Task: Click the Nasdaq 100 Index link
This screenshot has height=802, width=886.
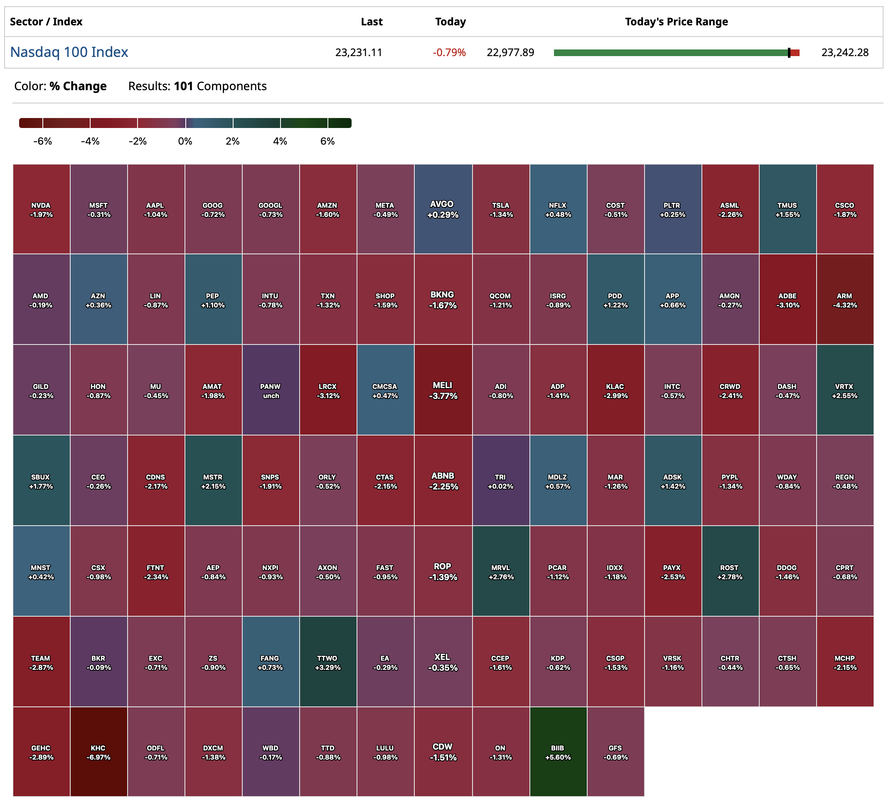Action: (x=69, y=52)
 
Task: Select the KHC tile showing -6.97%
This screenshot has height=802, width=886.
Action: (x=98, y=752)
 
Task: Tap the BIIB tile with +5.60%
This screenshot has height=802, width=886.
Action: (x=558, y=752)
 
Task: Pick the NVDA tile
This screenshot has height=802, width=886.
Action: (x=41, y=209)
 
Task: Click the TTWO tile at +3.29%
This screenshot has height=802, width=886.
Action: (x=328, y=662)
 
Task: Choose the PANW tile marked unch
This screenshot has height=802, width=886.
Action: (x=271, y=391)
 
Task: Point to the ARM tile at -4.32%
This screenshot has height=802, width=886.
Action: (x=845, y=300)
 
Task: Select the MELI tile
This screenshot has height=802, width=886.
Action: (x=443, y=390)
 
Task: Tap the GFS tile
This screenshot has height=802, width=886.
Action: (x=615, y=752)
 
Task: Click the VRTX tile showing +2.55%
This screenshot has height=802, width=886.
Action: (x=845, y=391)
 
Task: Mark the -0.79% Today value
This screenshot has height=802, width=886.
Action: (x=449, y=53)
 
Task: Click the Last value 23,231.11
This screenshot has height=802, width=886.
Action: (x=359, y=53)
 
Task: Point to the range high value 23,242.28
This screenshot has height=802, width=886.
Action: (x=845, y=53)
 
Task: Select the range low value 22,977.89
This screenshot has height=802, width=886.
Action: (x=510, y=53)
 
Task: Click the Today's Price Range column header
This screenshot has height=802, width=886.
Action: (x=677, y=22)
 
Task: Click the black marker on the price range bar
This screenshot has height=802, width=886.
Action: (x=789, y=53)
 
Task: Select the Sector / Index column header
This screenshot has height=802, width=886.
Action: (x=46, y=22)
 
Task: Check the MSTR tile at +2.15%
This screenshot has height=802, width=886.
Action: (x=213, y=481)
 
